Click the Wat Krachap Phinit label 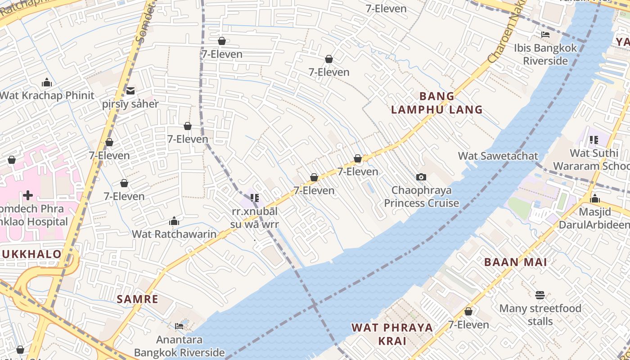click(47, 95)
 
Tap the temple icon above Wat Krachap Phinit click(47, 82)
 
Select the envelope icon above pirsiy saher click(130, 91)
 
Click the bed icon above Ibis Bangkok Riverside click(545, 35)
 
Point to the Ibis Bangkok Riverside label click(545, 54)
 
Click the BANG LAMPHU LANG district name click(436, 103)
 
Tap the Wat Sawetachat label click(498, 156)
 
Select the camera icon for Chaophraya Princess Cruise click(421, 177)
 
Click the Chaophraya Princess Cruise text click(421, 197)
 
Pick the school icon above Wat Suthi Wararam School click(594, 140)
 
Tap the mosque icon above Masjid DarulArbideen click(595, 198)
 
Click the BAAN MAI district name click(515, 262)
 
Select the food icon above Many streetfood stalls click(540, 295)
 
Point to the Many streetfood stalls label click(540, 315)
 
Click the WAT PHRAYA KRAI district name click(392, 334)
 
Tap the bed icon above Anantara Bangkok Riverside click(179, 326)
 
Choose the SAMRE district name click(138, 299)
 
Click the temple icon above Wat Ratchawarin click(174, 221)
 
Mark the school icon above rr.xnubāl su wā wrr click(255, 198)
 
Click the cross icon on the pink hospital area click(28, 195)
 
